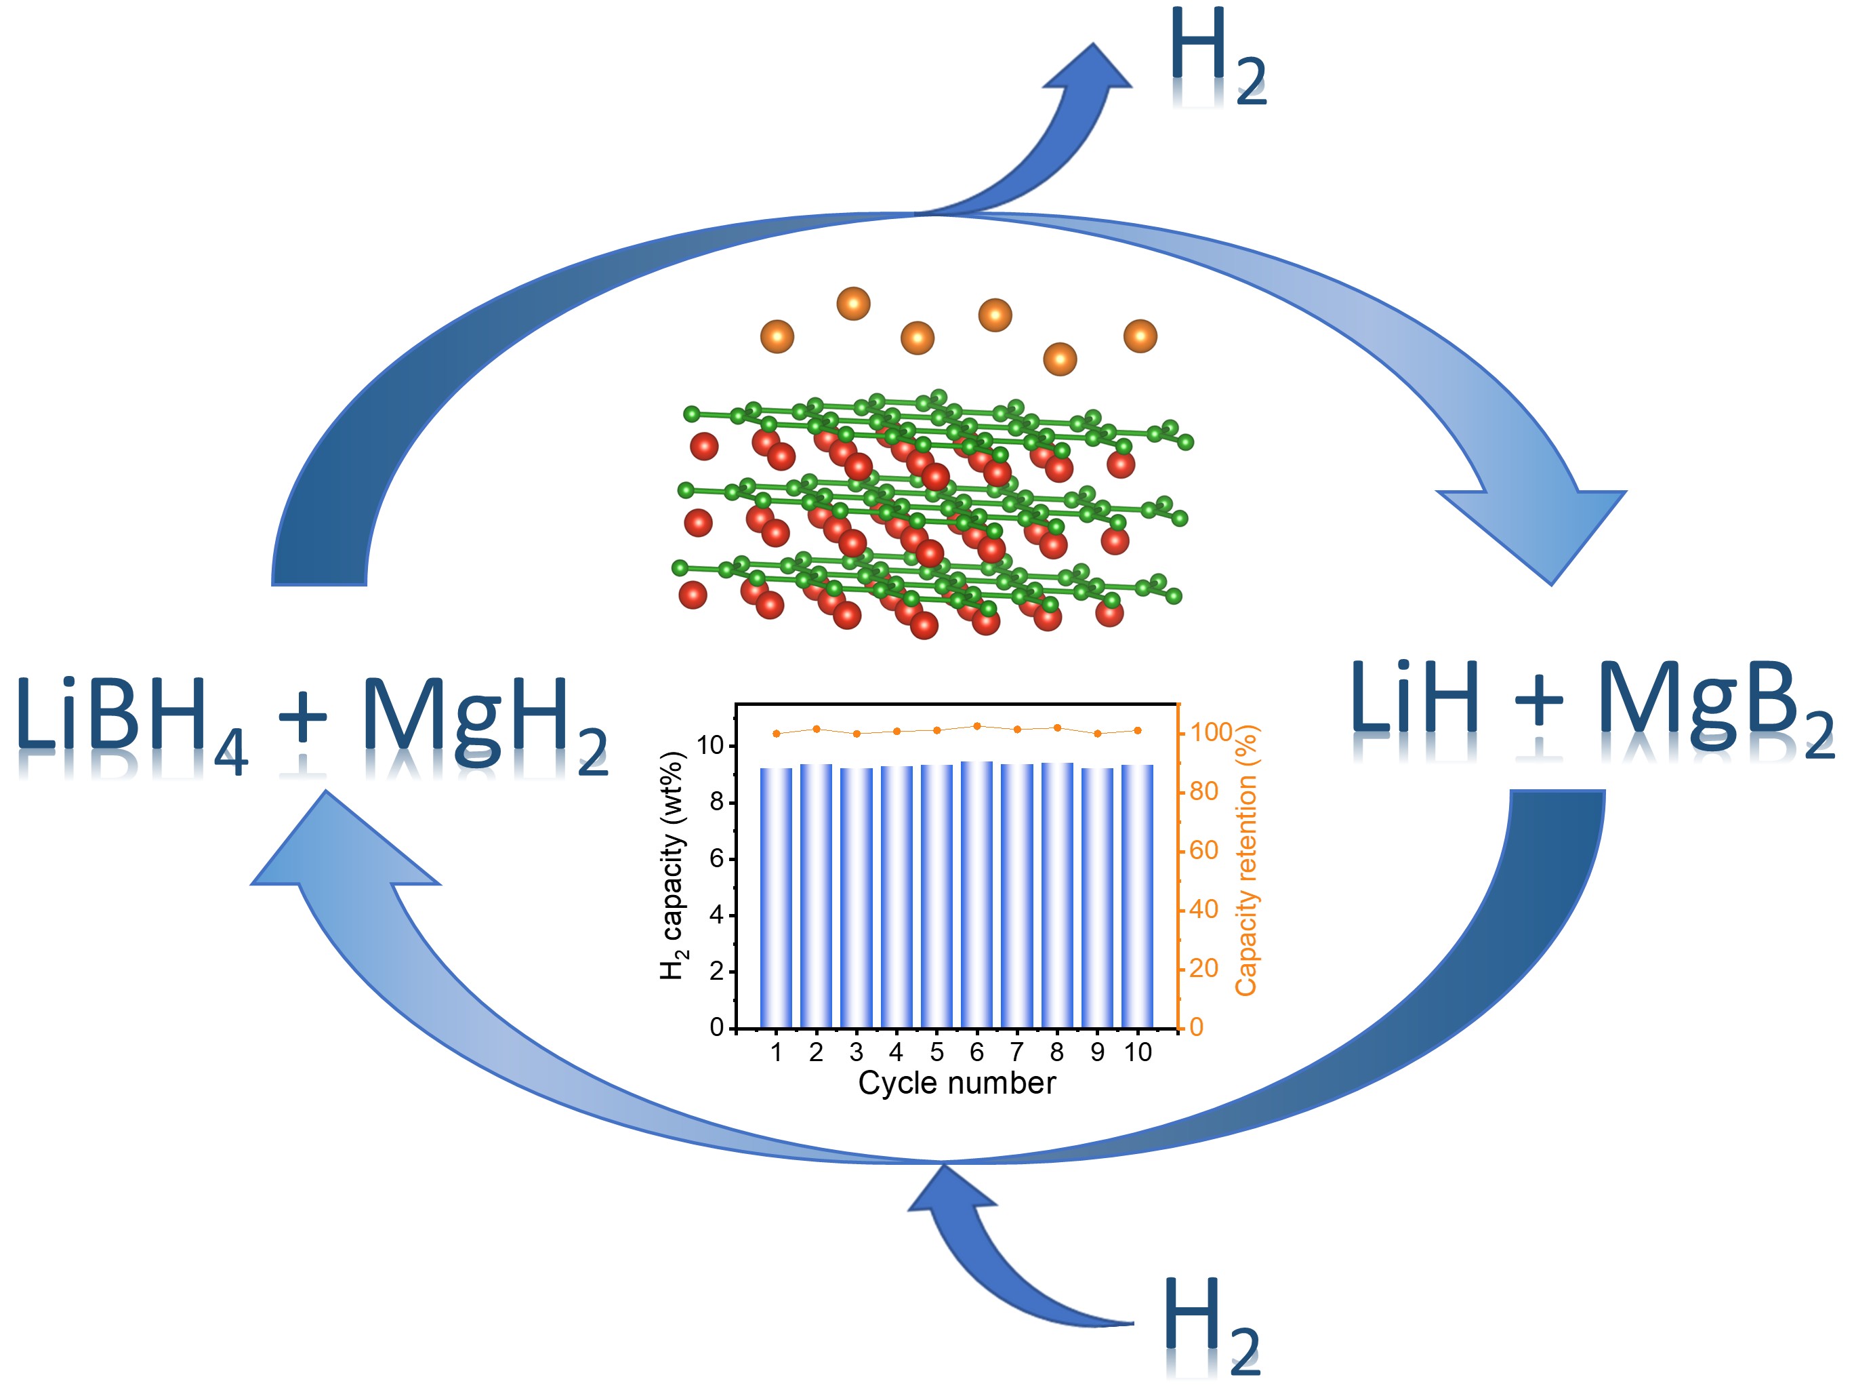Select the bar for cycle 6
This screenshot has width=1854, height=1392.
click(976, 894)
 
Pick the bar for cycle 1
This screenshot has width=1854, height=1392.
click(776, 897)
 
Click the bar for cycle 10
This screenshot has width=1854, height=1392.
click(1137, 896)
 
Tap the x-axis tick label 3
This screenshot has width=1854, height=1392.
click(856, 1052)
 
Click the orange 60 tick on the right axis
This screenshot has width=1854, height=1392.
click(1204, 850)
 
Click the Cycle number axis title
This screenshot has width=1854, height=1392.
click(956, 1083)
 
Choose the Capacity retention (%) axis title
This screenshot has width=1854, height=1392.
click(1246, 860)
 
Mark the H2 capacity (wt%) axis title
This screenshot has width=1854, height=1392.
click(674, 864)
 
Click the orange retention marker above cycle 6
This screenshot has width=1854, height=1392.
click(976, 726)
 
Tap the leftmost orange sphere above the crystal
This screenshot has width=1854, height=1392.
click(777, 336)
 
